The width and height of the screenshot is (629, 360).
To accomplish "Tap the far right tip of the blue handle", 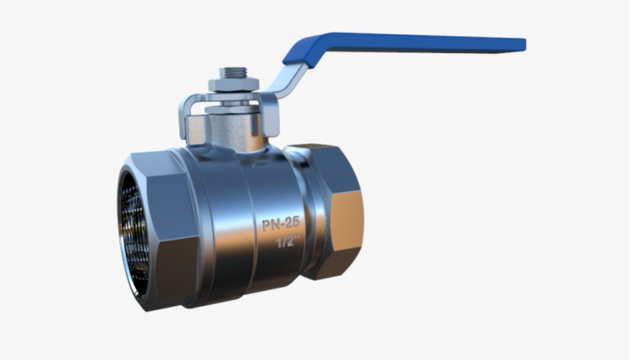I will (524, 44).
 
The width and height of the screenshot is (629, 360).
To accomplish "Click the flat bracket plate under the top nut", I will (230, 97).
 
